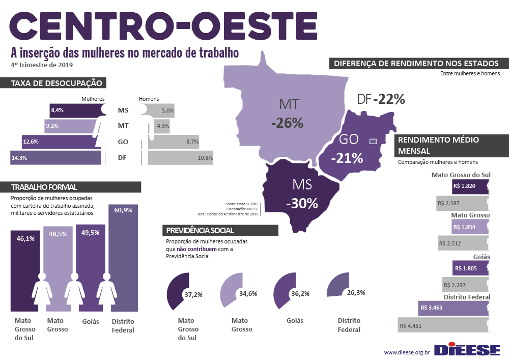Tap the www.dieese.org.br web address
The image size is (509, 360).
click(x=407, y=352)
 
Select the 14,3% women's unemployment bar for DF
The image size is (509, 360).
click(x=55, y=158)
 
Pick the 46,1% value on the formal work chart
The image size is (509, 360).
click(x=25, y=238)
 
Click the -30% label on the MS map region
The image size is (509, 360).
click(x=302, y=203)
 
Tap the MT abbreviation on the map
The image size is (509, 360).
click(x=288, y=104)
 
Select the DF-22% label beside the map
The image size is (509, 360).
click(x=381, y=99)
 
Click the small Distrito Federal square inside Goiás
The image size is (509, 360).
click(x=372, y=141)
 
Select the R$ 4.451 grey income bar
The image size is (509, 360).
click(x=443, y=325)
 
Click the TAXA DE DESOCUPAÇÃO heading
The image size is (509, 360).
click(x=56, y=83)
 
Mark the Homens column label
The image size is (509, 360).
click(x=149, y=99)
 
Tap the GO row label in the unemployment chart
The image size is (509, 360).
click(x=122, y=142)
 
